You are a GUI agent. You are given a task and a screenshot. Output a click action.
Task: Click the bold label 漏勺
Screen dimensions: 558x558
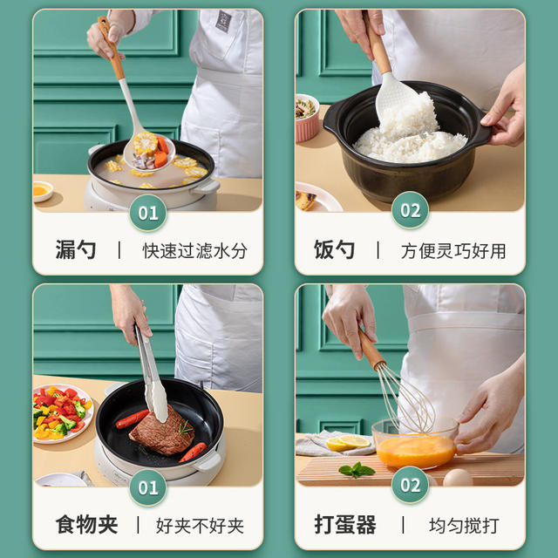(x=76, y=250)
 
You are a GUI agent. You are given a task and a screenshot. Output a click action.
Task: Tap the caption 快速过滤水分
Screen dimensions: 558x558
(x=195, y=251)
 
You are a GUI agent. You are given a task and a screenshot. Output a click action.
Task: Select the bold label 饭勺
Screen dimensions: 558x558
(x=335, y=250)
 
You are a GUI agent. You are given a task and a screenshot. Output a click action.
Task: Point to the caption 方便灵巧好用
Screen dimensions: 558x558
(x=453, y=251)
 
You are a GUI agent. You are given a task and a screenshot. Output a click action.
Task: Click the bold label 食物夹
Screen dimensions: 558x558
(x=86, y=525)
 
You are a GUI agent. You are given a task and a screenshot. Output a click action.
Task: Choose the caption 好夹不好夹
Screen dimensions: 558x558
(x=200, y=526)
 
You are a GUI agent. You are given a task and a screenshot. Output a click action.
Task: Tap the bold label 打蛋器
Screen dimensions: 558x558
(x=345, y=525)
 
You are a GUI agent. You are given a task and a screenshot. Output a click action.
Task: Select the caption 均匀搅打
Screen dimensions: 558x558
(x=464, y=526)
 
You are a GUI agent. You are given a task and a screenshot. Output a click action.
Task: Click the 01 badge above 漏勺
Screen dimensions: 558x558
(x=148, y=213)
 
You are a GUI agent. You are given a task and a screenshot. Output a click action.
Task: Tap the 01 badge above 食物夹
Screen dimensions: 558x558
(x=148, y=487)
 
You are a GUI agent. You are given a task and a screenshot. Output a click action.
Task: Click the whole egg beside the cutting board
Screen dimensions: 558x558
(x=458, y=477)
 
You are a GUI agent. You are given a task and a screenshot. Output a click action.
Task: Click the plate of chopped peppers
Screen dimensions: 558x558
(x=61, y=413)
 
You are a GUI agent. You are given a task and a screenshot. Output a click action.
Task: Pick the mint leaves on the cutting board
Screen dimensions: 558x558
(x=357, y=470)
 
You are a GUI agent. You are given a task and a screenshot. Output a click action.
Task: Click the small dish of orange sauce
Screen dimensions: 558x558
(x=42, y=191)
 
